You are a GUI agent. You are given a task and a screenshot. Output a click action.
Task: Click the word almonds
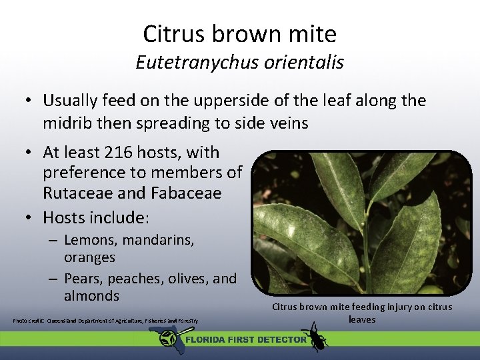pyautogui.click(x=91, y=295)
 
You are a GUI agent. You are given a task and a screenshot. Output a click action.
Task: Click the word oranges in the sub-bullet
pyautogui.click(x=89, y=257)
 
